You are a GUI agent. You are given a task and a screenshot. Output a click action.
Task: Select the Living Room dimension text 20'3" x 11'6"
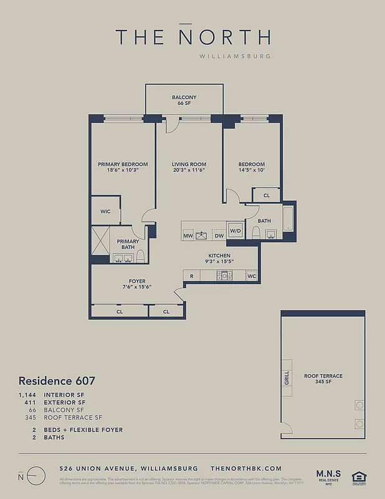point(189,170)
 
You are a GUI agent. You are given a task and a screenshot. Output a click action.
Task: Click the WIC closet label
point(105,211)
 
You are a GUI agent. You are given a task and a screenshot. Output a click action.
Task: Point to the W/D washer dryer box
point(235,231)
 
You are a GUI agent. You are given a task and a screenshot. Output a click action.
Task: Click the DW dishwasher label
point(219,236)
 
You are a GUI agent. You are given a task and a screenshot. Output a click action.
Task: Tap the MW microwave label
point(188,236)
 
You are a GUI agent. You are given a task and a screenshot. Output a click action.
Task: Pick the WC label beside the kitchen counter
point(252,275)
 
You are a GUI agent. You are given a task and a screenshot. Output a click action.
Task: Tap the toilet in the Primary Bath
point(141,256)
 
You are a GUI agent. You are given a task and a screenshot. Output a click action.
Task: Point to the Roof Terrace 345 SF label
point(323,379)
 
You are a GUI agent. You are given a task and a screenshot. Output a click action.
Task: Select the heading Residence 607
point(57,380)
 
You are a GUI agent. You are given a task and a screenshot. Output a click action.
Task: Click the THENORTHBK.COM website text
point(246,468)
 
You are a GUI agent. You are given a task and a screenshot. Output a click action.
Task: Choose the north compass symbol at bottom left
point(37,476)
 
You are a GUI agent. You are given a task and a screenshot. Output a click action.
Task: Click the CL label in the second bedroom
point(266,195)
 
